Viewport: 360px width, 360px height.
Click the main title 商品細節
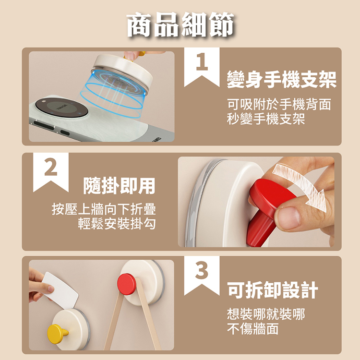(x=180, y=25)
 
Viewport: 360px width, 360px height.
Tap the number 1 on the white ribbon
(x=202, y=61)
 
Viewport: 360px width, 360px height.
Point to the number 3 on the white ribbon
(x=202, y=270)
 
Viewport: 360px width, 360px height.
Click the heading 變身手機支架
(x=282, y=79)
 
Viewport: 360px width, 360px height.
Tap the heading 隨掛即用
(x=119, y=186)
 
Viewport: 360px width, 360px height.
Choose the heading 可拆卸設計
(x=273, y=290)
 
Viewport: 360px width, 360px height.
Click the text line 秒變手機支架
(x=266, y=119)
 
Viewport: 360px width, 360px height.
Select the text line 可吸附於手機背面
(x=279, y=104)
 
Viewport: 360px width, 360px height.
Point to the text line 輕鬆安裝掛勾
(x=117, y=224)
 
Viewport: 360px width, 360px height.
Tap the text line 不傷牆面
(x=253, y=328)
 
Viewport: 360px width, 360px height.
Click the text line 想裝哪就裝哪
(x=266, y=314)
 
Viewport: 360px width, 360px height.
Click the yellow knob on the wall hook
(x=57, y=334)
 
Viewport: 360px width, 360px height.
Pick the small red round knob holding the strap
(x=127, y=284)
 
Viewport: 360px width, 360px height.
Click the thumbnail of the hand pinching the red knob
(x=256, y=202)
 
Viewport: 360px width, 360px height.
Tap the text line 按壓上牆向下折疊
(x=104, y=209)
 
